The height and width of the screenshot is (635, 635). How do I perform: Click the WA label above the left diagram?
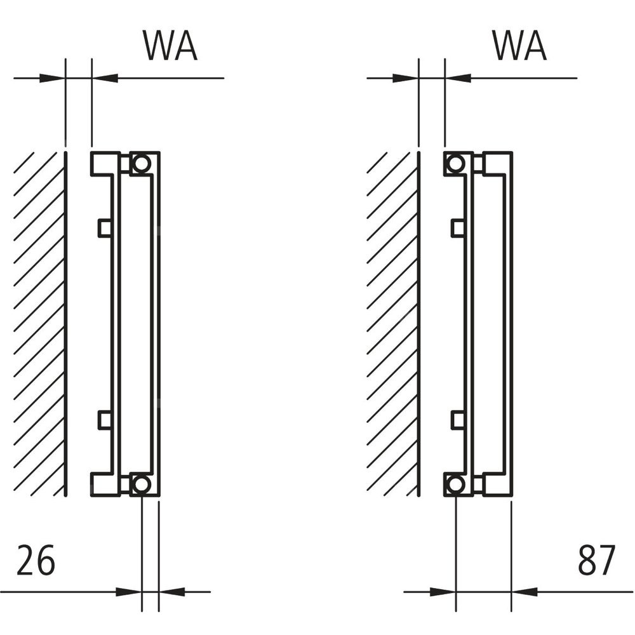(170, 46)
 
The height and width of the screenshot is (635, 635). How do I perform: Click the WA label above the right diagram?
(519, 46)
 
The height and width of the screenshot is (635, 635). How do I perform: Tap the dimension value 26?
(36, 560)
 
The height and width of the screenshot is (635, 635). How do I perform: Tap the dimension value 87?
(597, 560)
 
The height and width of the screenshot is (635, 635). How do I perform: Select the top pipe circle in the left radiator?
(142, 163)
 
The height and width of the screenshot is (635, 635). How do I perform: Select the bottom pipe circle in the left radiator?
(142, 485)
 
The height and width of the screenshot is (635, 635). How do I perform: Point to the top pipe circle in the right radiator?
(455, 163)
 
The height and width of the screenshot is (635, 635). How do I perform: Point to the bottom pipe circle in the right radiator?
(455, 485)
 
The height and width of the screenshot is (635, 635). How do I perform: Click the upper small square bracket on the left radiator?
(104, 227)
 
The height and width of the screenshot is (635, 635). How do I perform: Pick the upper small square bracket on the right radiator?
(457, 227)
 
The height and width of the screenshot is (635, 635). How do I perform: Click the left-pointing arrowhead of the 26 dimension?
(170, 592)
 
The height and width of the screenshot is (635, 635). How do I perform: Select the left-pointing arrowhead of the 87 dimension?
(525, 592)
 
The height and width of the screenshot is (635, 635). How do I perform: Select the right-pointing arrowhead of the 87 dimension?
(444, 592)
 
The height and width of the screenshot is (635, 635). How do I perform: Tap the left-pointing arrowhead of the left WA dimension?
(105, 78)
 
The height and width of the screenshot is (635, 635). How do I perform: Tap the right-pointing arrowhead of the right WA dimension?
(406, 78)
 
